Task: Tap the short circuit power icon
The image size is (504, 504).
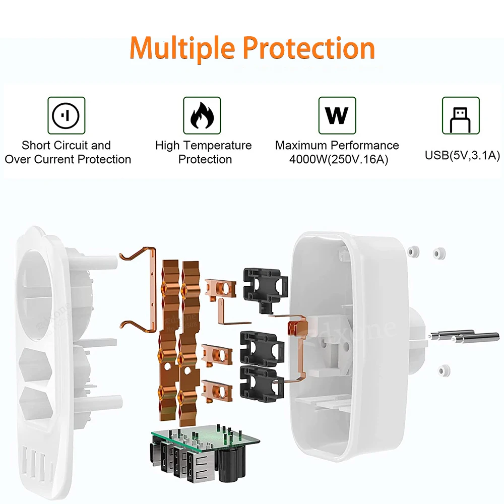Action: tap(66, 115)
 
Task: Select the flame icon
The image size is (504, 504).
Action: tap(202, 115)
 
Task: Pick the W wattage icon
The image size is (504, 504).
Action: tap(337, 115)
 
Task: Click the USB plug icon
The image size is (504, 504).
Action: tap(461, 115)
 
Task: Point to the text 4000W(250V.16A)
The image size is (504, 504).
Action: tap(337, 159)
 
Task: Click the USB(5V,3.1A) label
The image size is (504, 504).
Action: tap(462, 155)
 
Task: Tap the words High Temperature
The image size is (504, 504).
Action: tap(203, 146)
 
